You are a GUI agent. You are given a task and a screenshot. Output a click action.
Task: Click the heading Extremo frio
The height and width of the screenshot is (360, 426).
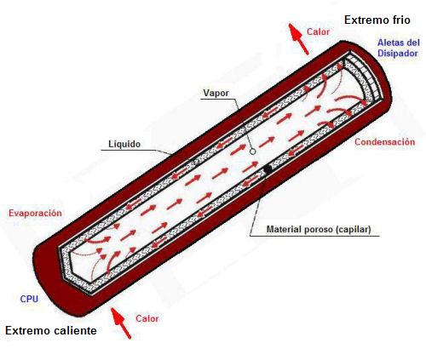pyautogui.click(x=377, y=20)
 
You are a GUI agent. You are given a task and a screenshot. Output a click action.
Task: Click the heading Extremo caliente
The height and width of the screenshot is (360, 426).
pyautogui.click(x=51, y=331)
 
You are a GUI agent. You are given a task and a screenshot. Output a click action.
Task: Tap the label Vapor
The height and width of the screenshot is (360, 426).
pyautogui.click(x=216, y=93)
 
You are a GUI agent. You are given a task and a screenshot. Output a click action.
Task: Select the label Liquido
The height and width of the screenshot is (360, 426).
pyautogui.click(x=124, y=144)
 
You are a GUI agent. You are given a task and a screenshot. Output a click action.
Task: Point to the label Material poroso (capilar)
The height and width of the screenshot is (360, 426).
pyautogui.click(x=319, y=229)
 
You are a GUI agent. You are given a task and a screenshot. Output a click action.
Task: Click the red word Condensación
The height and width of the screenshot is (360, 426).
pyautogui.click(x=385, y=142)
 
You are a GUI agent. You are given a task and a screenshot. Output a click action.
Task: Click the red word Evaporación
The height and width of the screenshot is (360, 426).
pyautogui.click(x=35, y=213)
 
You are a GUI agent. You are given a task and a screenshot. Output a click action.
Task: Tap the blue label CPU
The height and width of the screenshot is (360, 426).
pyautogui.click(x=29, y=299)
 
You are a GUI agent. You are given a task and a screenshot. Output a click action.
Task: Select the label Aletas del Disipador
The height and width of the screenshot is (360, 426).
pyautogui.click(x=399, y=48)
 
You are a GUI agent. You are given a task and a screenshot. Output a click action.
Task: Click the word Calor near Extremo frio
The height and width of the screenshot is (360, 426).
pyautogui.click(x=318, y=31)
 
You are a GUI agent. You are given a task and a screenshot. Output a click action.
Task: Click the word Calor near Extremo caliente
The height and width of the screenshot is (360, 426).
pyautogui.click(x=147, y=318)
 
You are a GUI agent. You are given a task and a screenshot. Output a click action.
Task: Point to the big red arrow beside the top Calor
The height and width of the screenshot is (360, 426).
pyautogui.click(x=298, y=39)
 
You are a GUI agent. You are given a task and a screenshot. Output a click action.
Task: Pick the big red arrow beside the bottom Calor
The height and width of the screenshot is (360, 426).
pyautogui.click(x=121, y=323)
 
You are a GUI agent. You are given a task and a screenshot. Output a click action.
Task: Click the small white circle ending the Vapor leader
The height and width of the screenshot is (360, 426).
pyautogui.click(x=252, y=151)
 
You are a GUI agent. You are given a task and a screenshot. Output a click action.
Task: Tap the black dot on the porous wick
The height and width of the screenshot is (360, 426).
pyautogui.click(x=268, y=169)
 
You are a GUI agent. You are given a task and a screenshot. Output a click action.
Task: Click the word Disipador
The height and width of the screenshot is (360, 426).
pyautogui.click(x=398, y=54)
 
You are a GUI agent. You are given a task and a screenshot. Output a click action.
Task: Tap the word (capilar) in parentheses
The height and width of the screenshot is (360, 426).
pyautogui.click(x=353, y=229)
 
